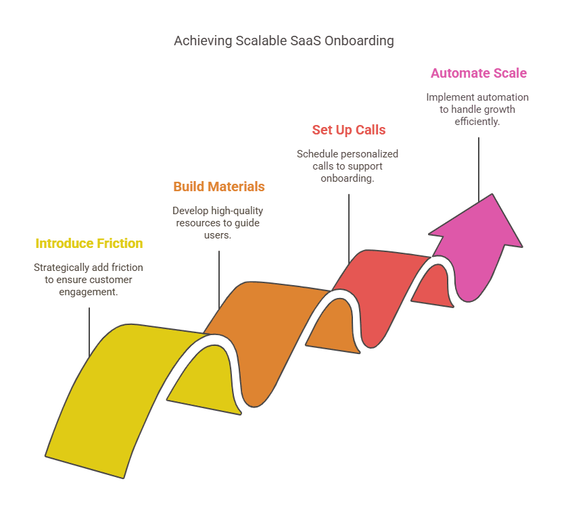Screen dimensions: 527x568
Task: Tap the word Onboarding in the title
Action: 358,41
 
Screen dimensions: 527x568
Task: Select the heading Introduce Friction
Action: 89,243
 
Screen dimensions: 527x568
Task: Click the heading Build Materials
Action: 219,186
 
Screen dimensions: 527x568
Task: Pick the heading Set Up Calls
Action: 349,130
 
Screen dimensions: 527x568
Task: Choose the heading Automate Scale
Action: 479,73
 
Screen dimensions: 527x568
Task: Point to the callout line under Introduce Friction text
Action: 89,331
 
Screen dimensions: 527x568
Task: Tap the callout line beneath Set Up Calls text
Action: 349,226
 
